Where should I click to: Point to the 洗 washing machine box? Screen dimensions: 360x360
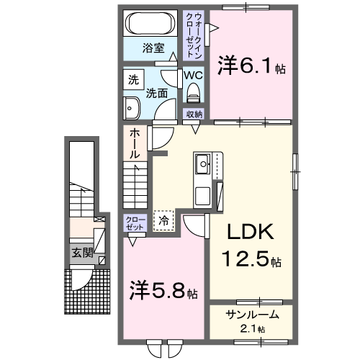pyautogui.click(x=133, y=80)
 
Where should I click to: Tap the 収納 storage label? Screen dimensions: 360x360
pyautogui.click(x=194, y=114)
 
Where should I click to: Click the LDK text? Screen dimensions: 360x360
pyautogui.click(x=251, y=233)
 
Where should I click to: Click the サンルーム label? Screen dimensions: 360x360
pyautogui.click(x=251, y=315)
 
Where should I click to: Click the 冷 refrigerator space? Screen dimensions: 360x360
pyautogui.click(x=165, y=220)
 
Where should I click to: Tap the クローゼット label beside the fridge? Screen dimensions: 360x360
pyautogui.click(x=135, y=222)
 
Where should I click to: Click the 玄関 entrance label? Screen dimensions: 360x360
pyautogui.click(x=81, y=253)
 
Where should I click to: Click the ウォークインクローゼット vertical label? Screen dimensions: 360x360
pyautogui.click(x=194, y=35)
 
